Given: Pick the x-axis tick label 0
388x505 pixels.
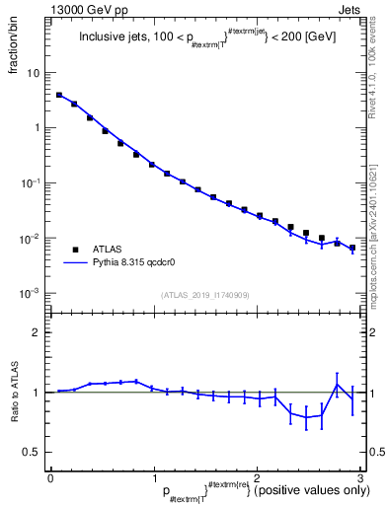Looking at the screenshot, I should coord(50,476).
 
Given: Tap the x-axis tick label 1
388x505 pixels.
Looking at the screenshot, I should coord(153,476).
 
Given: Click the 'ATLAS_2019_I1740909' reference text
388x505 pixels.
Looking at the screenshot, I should coord(203,295).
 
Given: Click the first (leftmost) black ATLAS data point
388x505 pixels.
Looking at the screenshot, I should coord(59,96).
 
